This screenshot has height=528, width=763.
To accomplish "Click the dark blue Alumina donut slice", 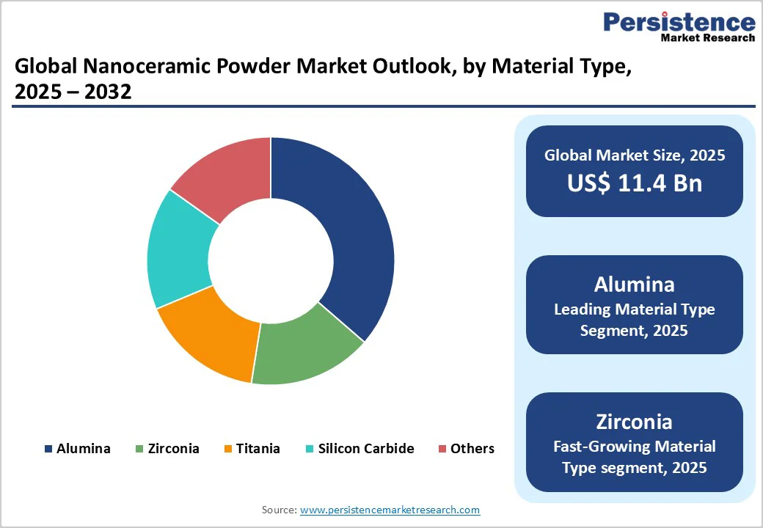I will [345, 235].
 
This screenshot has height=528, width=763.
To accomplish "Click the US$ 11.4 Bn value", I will [634, 183].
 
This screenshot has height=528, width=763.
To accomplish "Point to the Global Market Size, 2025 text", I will [634, 155].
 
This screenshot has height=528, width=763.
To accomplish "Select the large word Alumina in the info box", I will [634, 284].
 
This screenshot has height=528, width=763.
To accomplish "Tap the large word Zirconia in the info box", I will [634, 422].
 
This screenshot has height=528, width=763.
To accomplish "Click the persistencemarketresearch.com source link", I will [390, 509].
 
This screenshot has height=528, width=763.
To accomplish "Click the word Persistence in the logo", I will [679, 22].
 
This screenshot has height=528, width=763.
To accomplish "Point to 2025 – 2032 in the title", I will [73, 93].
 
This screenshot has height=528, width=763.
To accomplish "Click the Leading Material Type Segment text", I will [634, 320].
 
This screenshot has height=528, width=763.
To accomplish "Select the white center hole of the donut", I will [271, 260].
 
